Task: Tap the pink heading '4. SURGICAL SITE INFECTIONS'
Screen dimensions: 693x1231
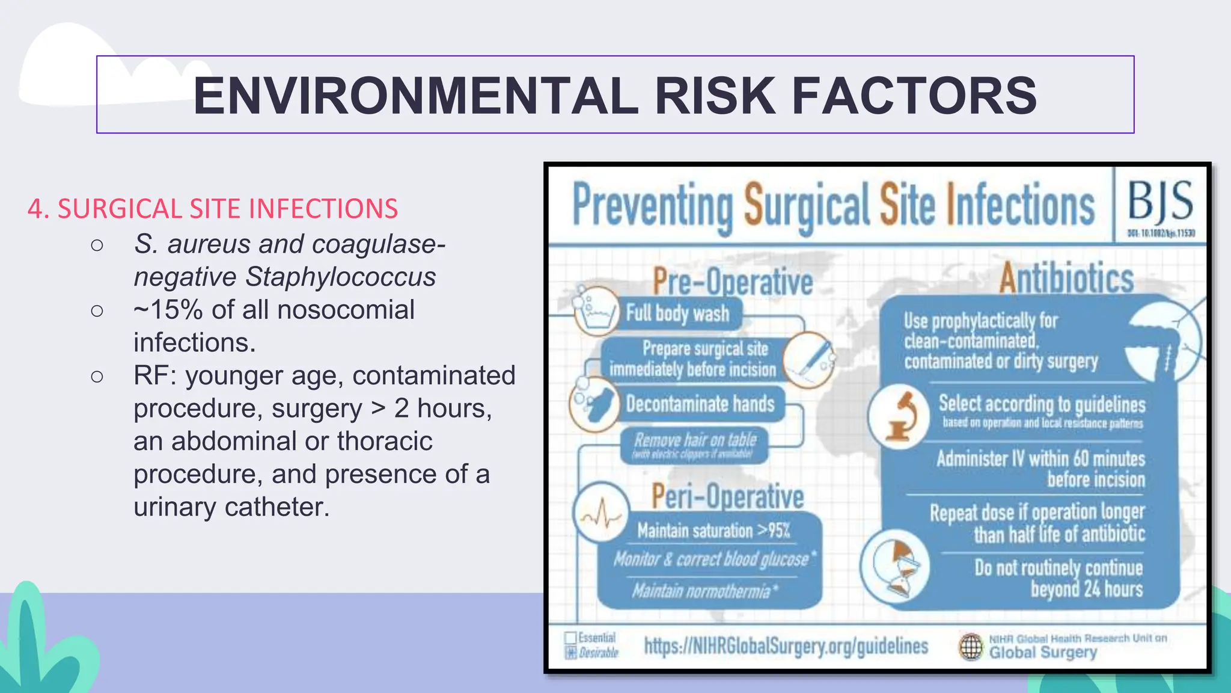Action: (213, 209)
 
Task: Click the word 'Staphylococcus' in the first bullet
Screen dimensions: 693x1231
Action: (341, 277)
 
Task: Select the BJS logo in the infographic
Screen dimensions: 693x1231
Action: (1160, 202)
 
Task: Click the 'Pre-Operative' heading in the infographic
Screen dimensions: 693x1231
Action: (733, 282)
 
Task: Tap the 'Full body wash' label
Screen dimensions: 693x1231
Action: (677, 313)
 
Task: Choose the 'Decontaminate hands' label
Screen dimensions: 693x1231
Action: (700, 404)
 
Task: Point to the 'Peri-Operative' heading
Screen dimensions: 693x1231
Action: (728, 497)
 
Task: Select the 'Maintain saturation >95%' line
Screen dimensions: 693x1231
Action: (713, 531)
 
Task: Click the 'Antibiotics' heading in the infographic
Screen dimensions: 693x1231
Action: (1066, 279)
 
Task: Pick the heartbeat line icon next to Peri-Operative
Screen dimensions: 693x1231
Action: (600, 515)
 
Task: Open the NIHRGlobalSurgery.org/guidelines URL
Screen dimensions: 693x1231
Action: (786, 646)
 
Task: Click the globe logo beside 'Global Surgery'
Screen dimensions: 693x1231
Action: (971, 647)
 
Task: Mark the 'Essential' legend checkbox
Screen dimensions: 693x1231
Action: (570, 638)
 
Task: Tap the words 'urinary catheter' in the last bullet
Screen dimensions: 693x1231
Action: (231, 507)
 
